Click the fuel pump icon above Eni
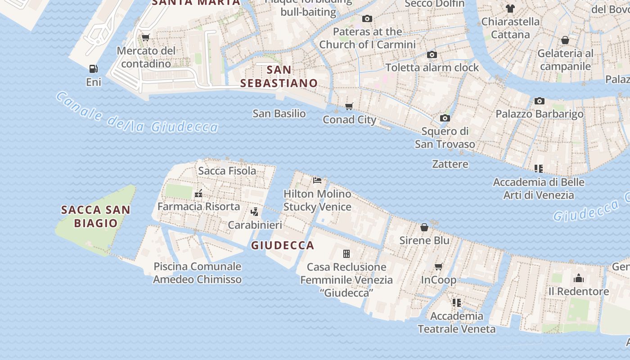(94, 69)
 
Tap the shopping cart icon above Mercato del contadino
(145, 38)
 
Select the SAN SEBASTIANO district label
(279, 76)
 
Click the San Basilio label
(279, 113)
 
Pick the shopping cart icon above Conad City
(349, 107)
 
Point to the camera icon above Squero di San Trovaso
(445, 118)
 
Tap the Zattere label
(450, 164)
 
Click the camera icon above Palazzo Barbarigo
(540, 101)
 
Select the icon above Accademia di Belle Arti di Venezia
(539, 169)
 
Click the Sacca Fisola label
(227, 171)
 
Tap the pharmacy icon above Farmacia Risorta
(198, 194)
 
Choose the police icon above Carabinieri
(255, 211)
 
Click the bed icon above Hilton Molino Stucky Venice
(317, 180)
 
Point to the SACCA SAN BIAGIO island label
(95, 216)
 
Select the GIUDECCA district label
(283, 245)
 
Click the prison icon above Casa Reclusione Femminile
(346, 254)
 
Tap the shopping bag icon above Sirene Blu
(424, 227)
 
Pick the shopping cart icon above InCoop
(439, 267)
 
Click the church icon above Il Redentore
(579, 278)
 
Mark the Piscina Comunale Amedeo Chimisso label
(198, 273)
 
